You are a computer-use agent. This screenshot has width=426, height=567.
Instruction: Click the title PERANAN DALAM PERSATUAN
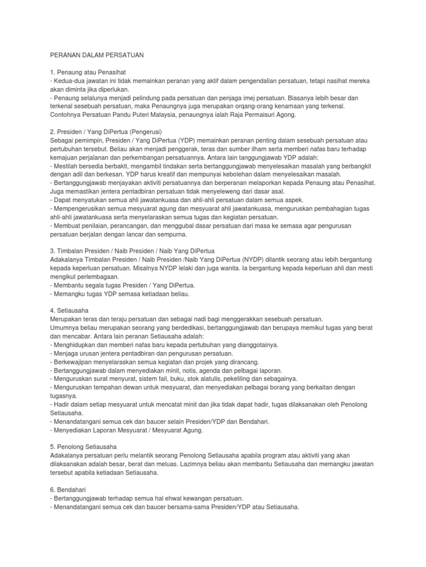97,55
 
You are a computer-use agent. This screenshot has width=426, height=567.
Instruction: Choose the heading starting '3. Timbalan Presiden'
132,250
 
